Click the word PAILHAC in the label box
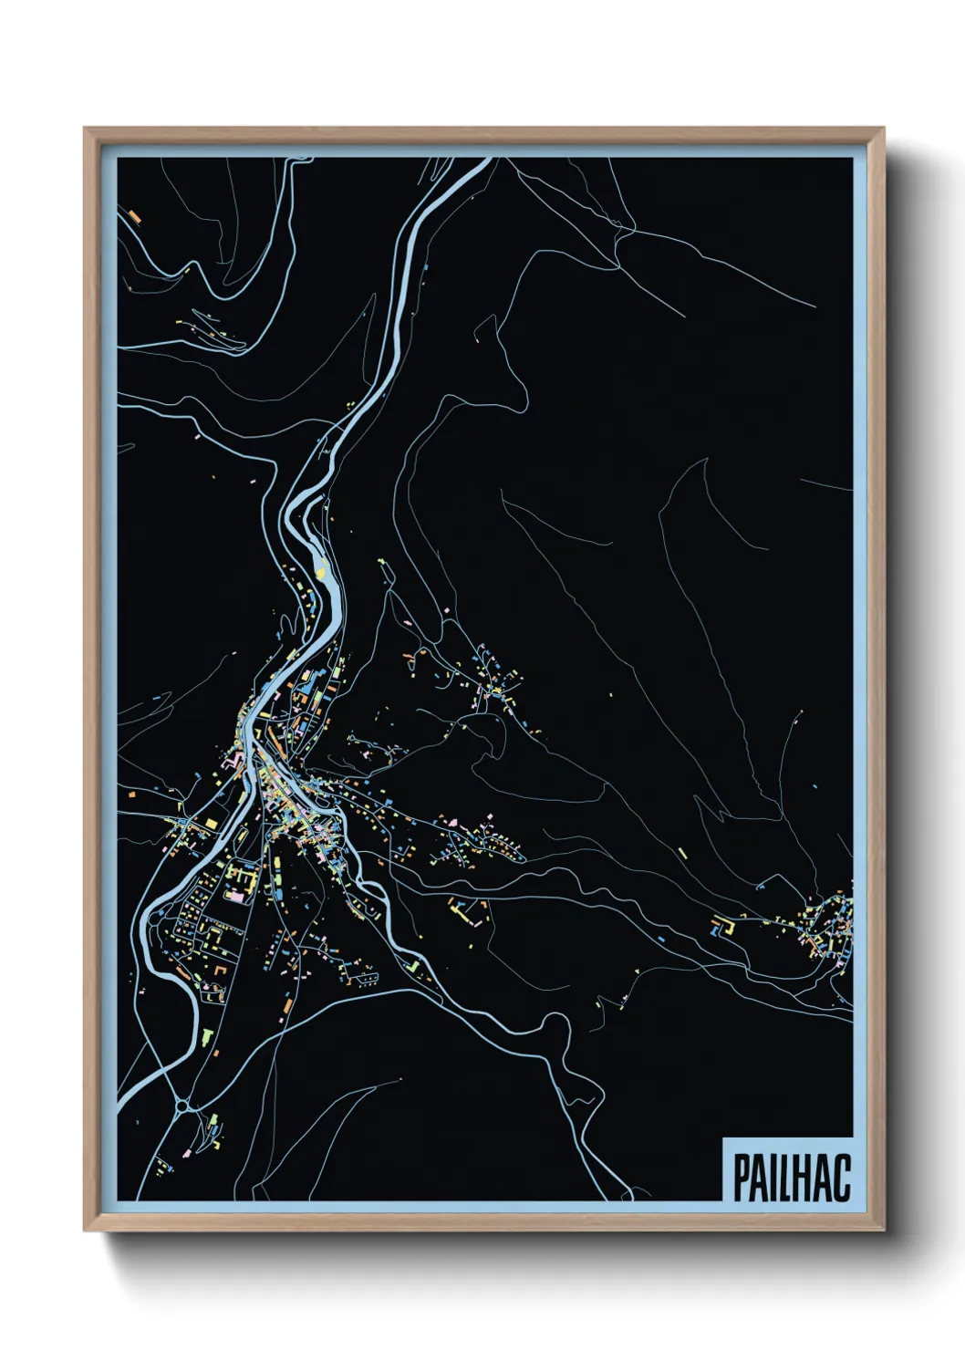click(x=791, y=1178)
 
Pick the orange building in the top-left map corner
click(x=134, y=216)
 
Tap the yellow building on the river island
click(x=320, y=568)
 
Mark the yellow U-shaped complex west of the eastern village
click(x=723, y=928)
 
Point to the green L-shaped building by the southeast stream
click(x=412, y=963)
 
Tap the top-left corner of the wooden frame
click(x=85, y=129)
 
